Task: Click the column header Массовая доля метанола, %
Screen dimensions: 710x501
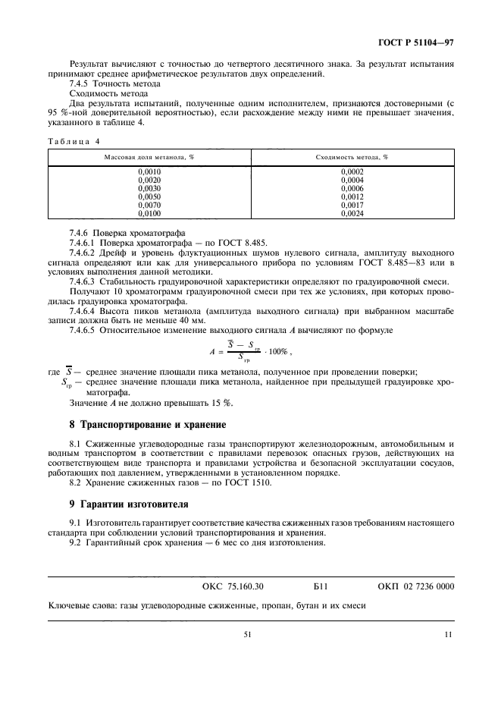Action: coord(149,156)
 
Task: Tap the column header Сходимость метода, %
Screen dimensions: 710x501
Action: coord(352,156)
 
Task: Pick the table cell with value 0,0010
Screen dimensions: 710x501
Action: coord(149,172)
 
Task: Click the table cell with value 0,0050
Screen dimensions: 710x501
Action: coord(149,197)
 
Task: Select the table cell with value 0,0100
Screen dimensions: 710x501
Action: coord(149,214)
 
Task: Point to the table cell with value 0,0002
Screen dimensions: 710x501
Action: coord(352,172)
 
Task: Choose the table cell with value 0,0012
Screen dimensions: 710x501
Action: coord(352,197)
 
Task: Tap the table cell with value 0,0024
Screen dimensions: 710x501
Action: coord(352,214)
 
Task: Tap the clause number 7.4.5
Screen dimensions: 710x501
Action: coord(80,85)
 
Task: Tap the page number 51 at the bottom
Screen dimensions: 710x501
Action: coord(247,636)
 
